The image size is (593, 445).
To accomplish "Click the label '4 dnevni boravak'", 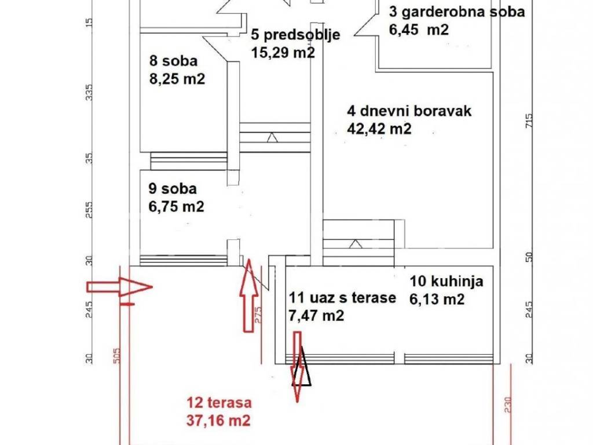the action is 409,111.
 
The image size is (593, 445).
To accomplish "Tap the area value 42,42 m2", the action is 379,129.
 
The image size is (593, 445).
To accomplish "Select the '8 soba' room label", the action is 173,61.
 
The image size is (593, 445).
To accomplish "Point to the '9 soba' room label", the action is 173,188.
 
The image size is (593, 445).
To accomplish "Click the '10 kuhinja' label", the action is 446,281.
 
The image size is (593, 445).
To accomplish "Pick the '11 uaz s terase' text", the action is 342,297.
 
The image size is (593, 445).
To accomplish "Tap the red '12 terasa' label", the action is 219,402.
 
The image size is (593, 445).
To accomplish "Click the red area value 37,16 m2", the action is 218,420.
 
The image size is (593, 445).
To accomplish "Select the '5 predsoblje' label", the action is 295,35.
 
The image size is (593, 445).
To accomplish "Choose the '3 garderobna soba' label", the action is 457,12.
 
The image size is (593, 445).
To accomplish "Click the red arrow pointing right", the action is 119,287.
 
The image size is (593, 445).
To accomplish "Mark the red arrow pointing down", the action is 298,367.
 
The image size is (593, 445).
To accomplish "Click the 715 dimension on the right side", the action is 529,121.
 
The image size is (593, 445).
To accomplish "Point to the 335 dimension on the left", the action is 89,92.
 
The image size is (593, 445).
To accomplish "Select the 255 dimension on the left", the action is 89,210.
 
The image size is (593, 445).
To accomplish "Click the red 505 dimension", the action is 117,356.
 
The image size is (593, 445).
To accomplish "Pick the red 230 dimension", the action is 507,404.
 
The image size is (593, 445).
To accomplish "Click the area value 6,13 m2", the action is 437,300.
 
